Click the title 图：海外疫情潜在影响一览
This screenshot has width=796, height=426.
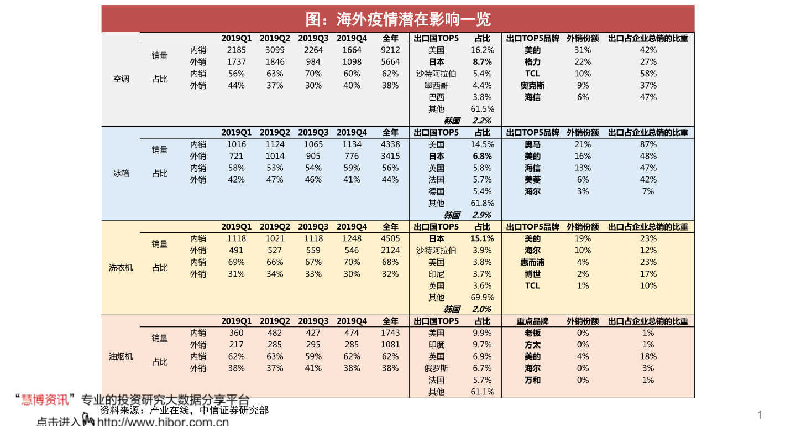pyautogui.click(x=397, y=19)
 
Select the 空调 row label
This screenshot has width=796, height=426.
pyautogui.click(x=121, y=79)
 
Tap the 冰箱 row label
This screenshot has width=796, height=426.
pyautogui.click(x=121, y=173)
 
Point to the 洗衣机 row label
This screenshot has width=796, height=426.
pyautogui.click(x=121, y=268)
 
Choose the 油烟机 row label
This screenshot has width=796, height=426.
pyautogui.click(x=121, y=357)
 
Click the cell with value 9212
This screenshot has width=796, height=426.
pyautogui.click(x=390, y=50)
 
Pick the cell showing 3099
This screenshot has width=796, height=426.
pyautogui.click(x=275, y=50)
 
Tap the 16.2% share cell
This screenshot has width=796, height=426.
pyautogui.click(x=482, y=50)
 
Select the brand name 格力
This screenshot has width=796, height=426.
pyautogui.click(x=532, y=62)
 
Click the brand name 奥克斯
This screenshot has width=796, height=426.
pyautogui.click(x=532, y=86)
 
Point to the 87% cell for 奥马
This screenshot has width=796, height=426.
pyautogui.click(x=648, y=144)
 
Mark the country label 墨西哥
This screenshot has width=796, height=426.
pyautogui.click(x=436, y=86)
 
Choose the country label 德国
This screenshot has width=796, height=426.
pyautogui.click(x=436, y=191)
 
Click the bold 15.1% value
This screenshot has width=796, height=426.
pyautogui.click(x=482, y=239)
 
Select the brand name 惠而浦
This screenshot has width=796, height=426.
pyautogui.click(x=532, y=262)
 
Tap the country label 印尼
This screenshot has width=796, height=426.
pyautogui.click(x=436, y=274)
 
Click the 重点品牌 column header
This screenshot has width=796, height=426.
pyautogui.click(x=532, y=321)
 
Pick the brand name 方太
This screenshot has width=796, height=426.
pyautogui.click(x=532, y=345)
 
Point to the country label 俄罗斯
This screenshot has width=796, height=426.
pyautogui.click(x=436, y=368)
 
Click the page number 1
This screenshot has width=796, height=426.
pyautogui.click(x=760, y=415)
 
